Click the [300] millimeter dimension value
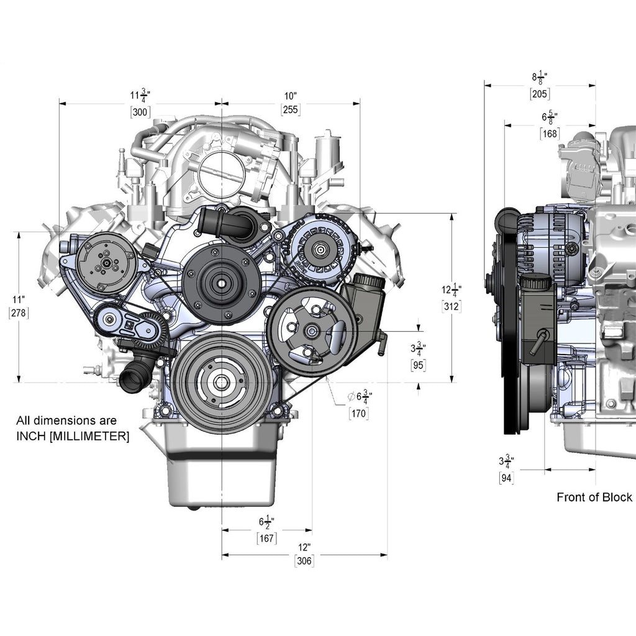point(140,112)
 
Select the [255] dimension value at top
point(291,110)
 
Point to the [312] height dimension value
point(451,306)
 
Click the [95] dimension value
point(419,365)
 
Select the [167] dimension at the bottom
point(267,538)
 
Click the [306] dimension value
point(304,561)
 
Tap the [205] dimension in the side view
point(540,94)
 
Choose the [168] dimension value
point(550,133)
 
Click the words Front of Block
point(594,497)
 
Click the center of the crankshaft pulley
point(222,382)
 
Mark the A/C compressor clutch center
point(107,263)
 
